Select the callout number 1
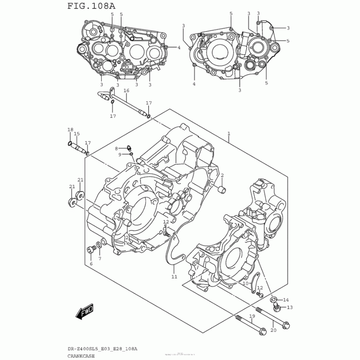(229, 134)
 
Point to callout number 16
(126, 91)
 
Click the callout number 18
(70, 130)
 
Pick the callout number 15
(76, 134)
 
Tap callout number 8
(116, 148)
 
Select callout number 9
(120, 154)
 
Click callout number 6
(90, 264)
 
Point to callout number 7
(99, 259)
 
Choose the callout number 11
(174, 277)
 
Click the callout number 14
(286, 300)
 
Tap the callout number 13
(289, 308)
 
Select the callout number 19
(252, 317)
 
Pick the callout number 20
(273, 330)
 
